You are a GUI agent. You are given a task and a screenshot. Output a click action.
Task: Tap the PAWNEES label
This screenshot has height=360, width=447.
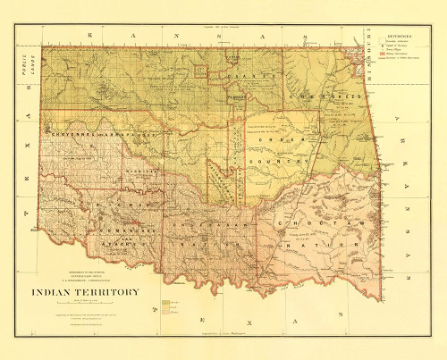tap(235, 95)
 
